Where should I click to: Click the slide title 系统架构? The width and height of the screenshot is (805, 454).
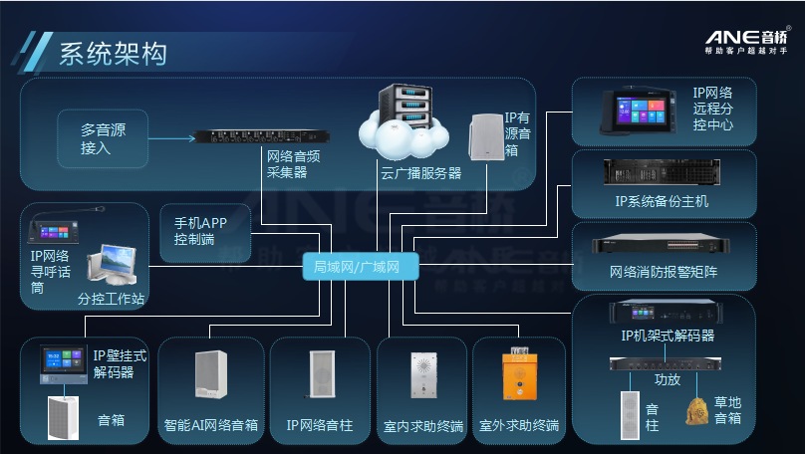(x=113, y=52)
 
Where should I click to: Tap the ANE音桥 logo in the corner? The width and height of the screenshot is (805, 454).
(x=747, y=42)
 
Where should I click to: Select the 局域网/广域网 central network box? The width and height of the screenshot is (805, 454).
(x=356, y=267)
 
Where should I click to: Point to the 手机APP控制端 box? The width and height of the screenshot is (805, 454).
(x=201, y=230)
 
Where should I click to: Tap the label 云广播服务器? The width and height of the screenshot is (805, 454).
(x=420, y=173)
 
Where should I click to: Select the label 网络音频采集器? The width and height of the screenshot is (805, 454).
(x=292, y=164)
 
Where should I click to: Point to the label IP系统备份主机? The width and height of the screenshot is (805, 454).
(x=662, y=202)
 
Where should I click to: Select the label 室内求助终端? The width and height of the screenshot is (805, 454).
(x=422, y=425)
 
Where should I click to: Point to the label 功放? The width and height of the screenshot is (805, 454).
(x=667, y=379)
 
